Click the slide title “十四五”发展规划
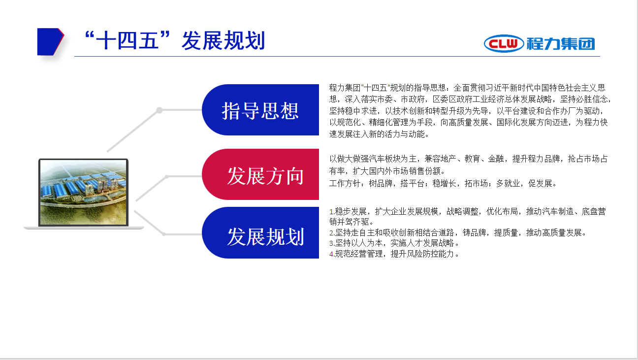click(x=175, y=40)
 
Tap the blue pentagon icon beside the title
click(x=50, y=42)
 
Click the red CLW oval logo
click(x=504, y=44)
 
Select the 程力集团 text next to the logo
click(x=561, y=44)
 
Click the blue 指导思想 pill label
click(x=260, y=110)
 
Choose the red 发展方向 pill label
click(x=260, y=174)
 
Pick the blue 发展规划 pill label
click(x=260, y=232)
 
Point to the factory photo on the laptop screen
click(x=83, y=192)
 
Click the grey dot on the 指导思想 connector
click(x=159, y=110)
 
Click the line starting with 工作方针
click(x=443, y=183)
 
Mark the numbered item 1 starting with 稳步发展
click(x=467, y=216)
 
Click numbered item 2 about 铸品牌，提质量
click(x=457, y=232)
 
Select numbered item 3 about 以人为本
click(x=394, y=243)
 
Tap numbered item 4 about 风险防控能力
click(x=394, y=254)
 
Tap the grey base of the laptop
click(x=84, y=228)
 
